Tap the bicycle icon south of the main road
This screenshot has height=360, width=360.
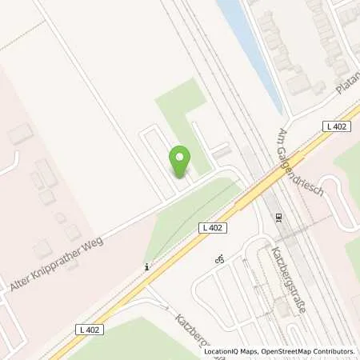pos(219,259)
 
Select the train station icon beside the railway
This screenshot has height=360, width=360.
pos(278,217)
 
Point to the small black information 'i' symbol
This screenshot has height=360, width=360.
pos(146,267)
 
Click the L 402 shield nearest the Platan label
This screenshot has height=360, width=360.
pos(334,126)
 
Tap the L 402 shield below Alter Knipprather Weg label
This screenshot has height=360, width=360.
pos(90,329)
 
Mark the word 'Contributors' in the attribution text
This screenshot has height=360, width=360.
pos(334,351)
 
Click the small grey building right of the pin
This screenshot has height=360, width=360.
pos(219,151)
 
